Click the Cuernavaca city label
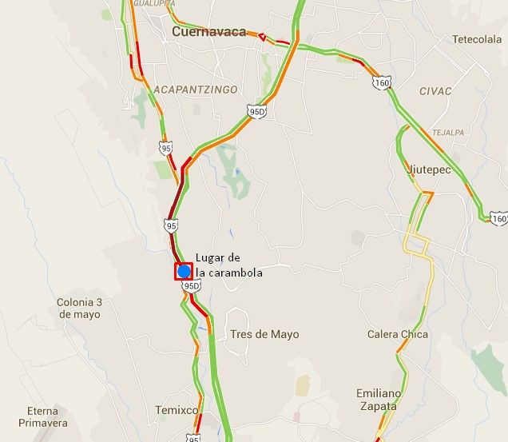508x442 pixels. [x=208, y=31]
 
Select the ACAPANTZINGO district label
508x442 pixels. [x=196, y=90]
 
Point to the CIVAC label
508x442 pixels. [x=435, y=91]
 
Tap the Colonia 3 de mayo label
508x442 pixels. [x=79, y=309]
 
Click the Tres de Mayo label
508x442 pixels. [x=264, y=334]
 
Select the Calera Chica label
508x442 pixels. [x=397, y=334]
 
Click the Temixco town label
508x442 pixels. [x=177, y=410]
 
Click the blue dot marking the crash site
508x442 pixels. [x=184, y=271]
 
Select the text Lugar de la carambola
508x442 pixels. [x=228, y=265]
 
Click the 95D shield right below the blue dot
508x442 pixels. [x=190, y=285]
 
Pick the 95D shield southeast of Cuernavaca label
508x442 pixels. [x=256, y=111]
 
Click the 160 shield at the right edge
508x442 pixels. [x=499, y=218]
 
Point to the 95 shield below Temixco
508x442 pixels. [x=193, y=438]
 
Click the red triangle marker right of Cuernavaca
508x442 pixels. [x=261, y=37]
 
